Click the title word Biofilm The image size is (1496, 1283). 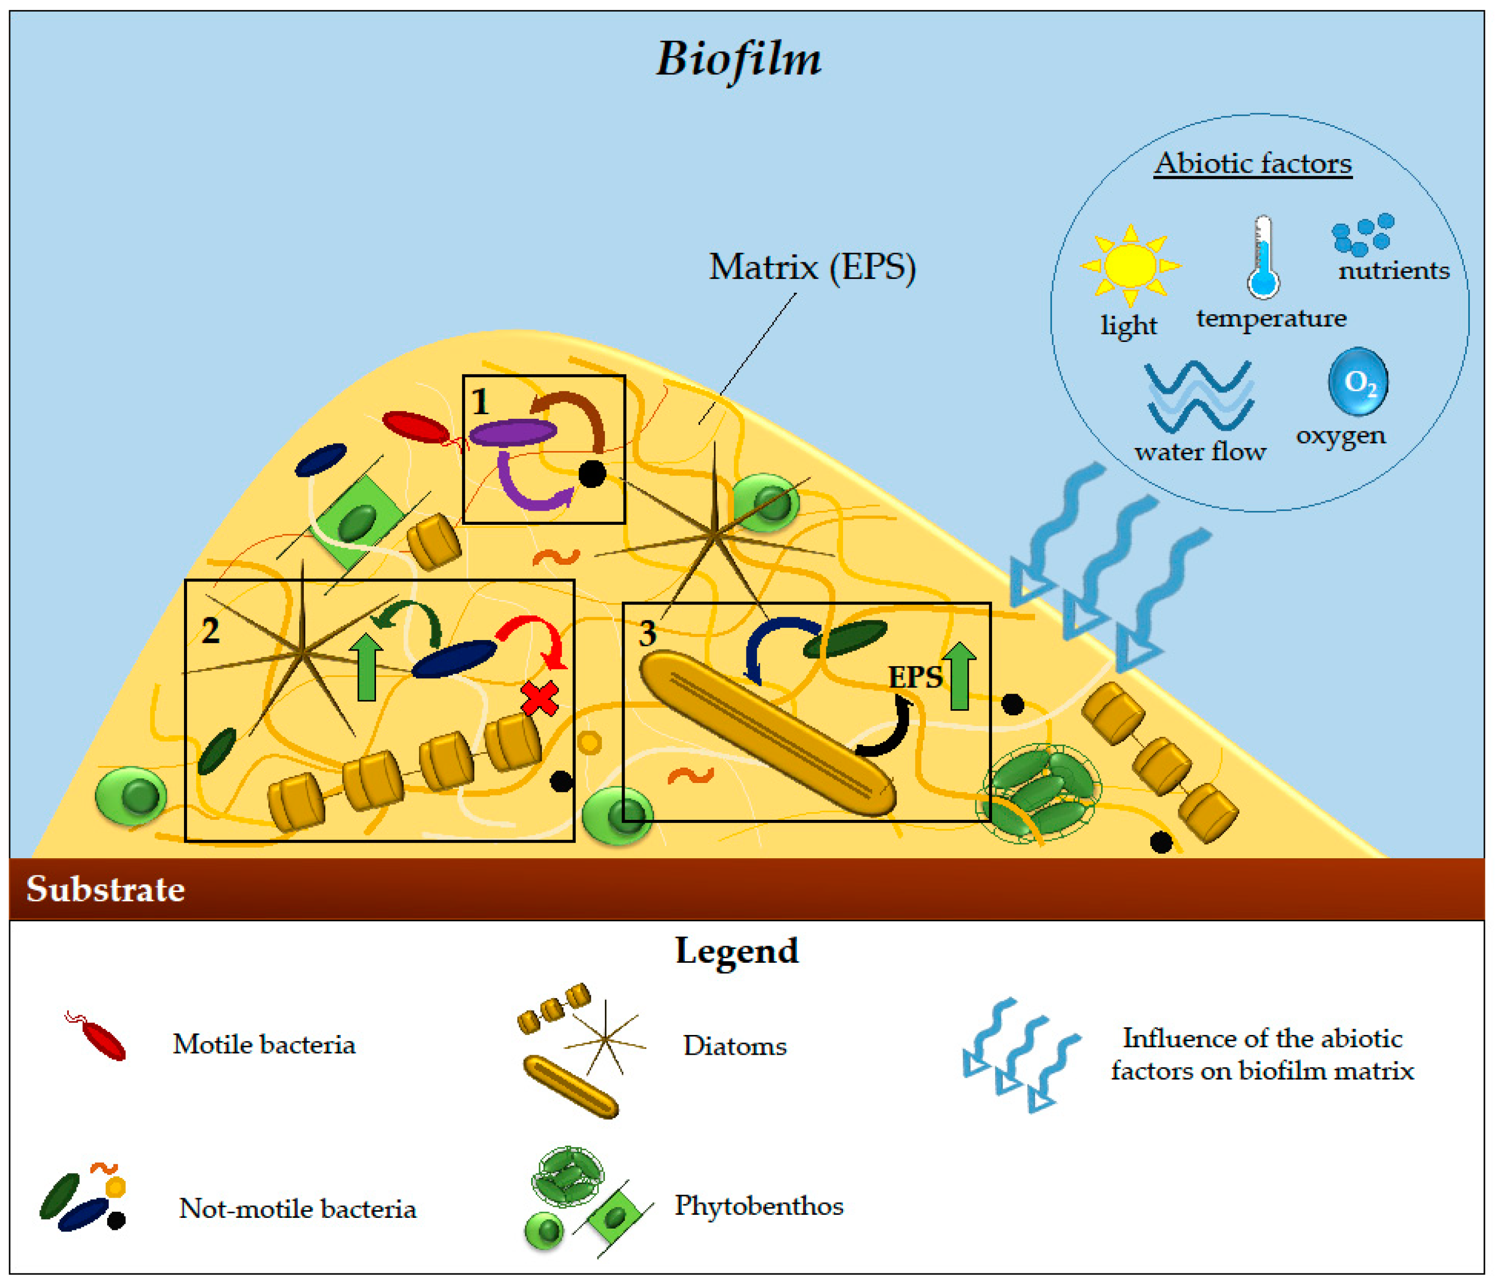738,59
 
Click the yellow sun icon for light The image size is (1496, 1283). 1130,266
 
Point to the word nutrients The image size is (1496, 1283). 1393,271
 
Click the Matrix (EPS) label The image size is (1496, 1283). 812,267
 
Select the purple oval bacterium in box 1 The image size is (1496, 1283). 512,432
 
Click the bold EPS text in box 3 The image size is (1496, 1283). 915,677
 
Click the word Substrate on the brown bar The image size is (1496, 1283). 106,889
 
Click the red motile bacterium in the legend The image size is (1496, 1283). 102,1039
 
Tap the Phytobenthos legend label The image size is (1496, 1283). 759,1206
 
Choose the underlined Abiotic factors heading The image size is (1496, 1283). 1253,164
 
